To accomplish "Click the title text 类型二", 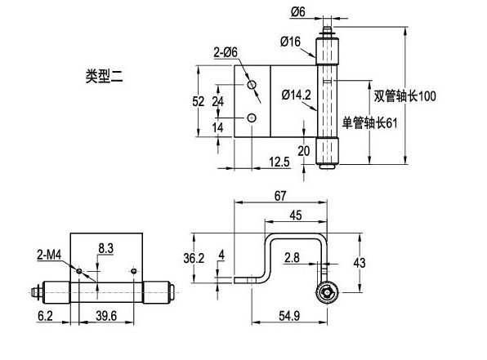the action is [105, 76].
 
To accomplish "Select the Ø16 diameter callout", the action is [290, 42].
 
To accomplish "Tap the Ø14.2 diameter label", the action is [297, 95].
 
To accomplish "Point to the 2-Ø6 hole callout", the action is [226, 52].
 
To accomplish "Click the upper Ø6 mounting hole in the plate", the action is [252, 84].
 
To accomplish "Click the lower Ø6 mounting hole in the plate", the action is [252, 118].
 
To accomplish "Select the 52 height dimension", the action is [199, 101].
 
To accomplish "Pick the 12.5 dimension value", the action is [279, 162].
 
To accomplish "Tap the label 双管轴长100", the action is [404, 96].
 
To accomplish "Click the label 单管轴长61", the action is [369, 123].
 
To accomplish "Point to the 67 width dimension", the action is [279, 196].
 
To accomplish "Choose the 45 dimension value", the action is [295, 216].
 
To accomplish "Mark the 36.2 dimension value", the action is [194, 258].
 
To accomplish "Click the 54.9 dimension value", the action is [289, 316].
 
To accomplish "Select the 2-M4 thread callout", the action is [49, 256].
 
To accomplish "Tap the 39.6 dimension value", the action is [106, 316].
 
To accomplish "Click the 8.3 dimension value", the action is [106, 248].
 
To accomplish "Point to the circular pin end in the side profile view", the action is [326, 293].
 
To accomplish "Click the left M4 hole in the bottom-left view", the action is [79, 271].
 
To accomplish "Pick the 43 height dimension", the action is [360, 263].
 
